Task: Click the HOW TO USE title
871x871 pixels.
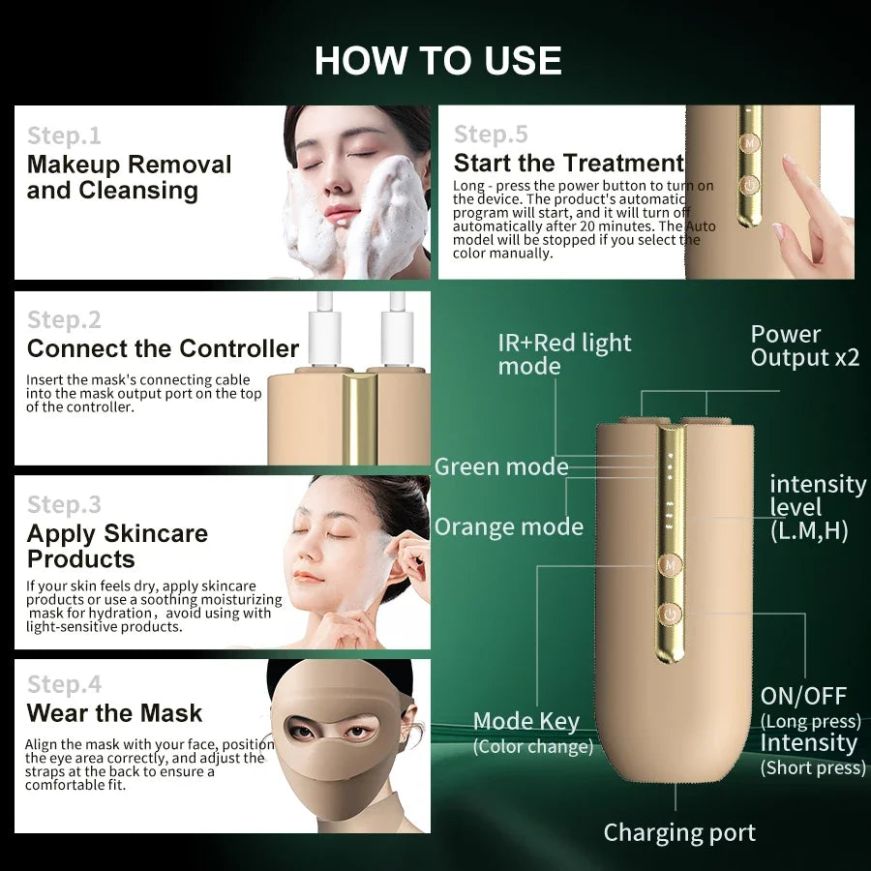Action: click(437, 60)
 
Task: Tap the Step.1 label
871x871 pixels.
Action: click(65, 136)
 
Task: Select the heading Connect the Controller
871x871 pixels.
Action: click(163, 348)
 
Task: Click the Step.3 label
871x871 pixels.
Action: click(65, 505)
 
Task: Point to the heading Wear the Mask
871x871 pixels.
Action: click(114, 713)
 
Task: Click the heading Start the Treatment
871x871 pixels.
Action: click(569, 164)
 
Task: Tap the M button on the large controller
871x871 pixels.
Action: click(671, 565)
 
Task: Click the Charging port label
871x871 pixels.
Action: click(679, 833)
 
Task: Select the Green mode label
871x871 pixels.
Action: click(501, 466)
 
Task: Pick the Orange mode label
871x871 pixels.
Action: click(509, 526)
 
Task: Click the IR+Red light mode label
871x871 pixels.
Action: click(564, 354)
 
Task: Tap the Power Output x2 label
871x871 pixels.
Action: click(805, 346)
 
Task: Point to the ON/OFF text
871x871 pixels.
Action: click(803, 696)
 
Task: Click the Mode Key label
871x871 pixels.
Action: click(526, 722)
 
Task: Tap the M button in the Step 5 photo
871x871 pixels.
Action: click(750, 143)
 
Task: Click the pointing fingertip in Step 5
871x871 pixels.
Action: click(788, 161)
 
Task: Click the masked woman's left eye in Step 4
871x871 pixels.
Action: click(355, 731)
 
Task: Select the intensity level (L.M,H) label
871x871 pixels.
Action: click(817, 508)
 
